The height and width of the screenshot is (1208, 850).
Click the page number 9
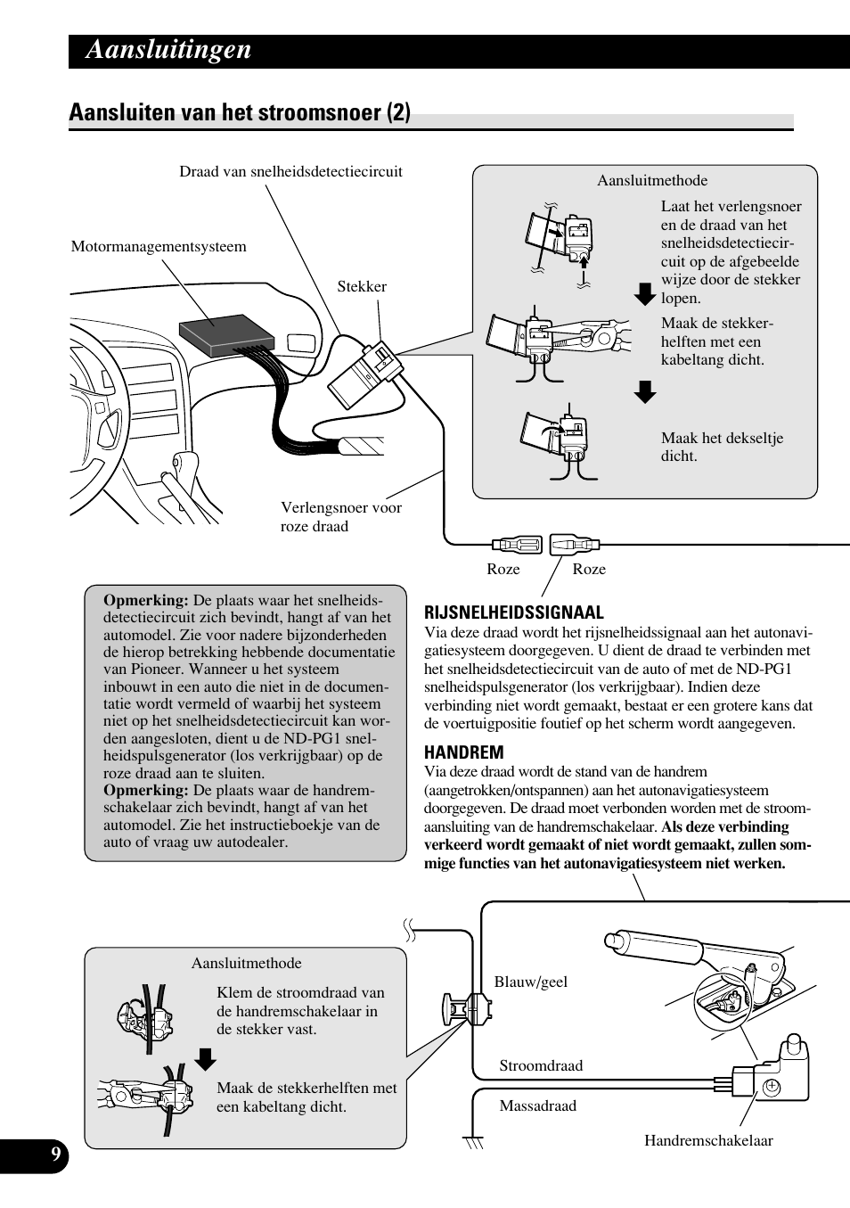click(55, 1156)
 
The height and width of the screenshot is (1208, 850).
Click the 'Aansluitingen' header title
click(168, 50)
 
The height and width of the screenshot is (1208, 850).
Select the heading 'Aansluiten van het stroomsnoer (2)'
click(240, 113)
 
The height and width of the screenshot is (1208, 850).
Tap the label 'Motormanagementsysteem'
click(159, 247)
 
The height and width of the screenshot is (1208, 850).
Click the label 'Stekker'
click(362, 287)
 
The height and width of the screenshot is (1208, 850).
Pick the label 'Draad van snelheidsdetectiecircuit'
click(290, 172)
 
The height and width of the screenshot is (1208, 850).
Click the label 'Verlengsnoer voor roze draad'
click(340, 517)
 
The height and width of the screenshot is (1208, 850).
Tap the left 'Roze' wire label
click(503, 570)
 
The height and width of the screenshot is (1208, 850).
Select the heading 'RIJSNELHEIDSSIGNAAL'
click(514, 612)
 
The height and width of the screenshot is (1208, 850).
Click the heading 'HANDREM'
click(463, 752)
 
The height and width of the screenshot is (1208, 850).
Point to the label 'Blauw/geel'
click(531, 982)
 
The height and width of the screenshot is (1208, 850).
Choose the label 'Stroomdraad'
click(541, 1066)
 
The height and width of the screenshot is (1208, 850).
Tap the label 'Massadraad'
click(537, 1106)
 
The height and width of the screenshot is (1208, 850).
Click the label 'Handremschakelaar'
click(708, 1141)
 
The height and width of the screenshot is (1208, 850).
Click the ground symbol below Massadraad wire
click(473, 1141)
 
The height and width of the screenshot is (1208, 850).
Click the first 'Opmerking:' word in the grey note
click(145, 601)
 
